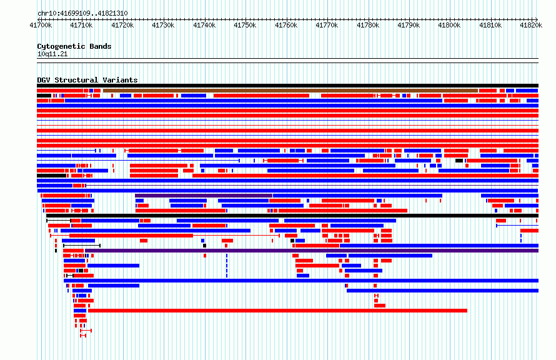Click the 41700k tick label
point(41,25)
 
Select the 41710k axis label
point(82,25)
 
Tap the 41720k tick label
point(122,25)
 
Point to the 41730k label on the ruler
point(164,25)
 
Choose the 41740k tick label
point(205,25)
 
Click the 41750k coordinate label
point(246,25)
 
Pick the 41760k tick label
point(287,25)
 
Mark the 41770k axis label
point(327,25)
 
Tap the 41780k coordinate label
point(369,25)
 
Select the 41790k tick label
point(409,25)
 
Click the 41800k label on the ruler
point(450,25)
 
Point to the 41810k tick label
point(491,25)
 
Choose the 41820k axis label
point(531,25)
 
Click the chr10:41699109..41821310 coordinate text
point(82,14)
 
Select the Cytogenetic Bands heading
point(74,46)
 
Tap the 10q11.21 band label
point(52,54)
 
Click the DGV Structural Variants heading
point(87,80)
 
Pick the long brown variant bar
point(290,91)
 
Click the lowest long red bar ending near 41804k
point(277,311)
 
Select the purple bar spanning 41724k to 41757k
point(204,196)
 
